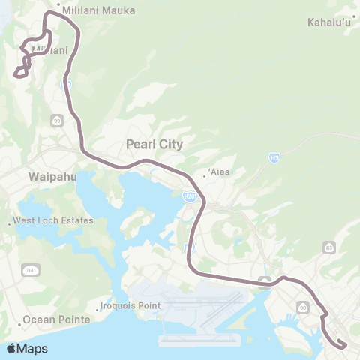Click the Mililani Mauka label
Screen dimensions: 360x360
100,11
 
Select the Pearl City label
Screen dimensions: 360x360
154,144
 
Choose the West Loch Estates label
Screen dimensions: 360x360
55,220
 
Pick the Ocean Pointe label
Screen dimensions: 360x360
56,319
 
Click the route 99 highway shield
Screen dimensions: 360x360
57,120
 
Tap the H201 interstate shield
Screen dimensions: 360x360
189,196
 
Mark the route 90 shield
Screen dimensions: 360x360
303,307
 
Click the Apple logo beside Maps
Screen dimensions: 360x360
11,348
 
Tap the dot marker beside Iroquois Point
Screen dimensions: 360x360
99,306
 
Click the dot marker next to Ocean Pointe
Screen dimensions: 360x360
21,319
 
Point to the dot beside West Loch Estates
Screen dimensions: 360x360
10,222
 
